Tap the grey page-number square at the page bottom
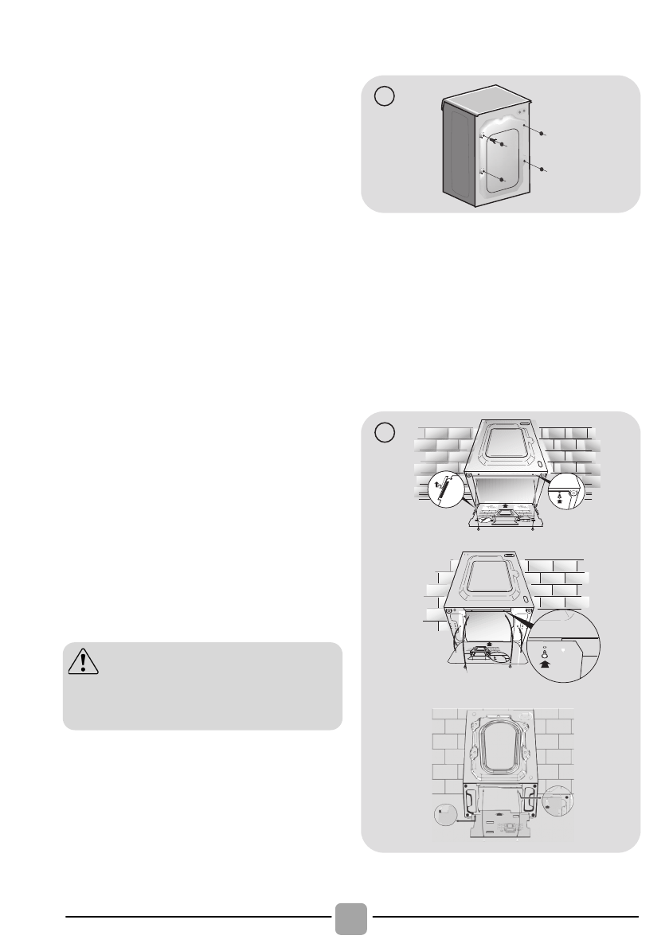click(350, 919)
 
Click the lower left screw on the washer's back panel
click(502, 180)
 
